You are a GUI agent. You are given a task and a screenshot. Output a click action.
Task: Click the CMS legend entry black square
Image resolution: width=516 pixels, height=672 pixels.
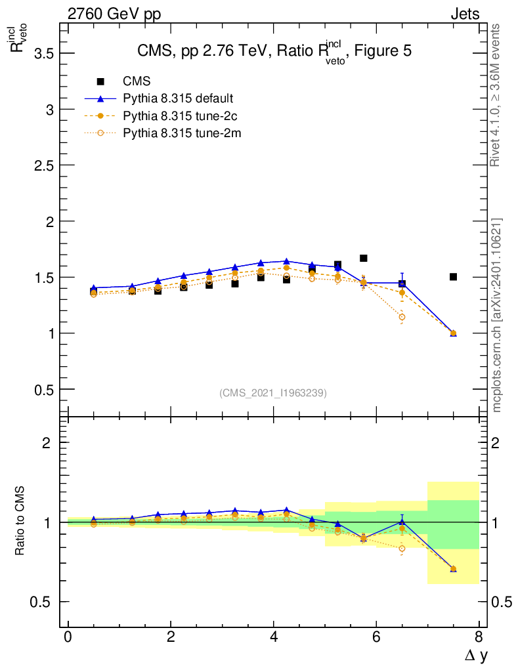[x=100, y=81]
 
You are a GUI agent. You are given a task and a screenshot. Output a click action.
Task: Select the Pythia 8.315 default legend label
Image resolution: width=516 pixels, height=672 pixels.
[x=179, y=98]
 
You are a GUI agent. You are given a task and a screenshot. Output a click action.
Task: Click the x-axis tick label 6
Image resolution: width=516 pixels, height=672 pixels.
[x=376, y=637]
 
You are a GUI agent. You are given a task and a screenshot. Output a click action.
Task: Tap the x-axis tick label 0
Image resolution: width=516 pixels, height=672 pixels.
[x=68, y=637]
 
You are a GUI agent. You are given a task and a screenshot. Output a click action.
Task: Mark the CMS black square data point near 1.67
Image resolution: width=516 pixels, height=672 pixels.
[x=363, y=258]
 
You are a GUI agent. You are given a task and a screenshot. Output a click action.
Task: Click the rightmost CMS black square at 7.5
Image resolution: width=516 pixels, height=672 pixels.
[x=453, y=276]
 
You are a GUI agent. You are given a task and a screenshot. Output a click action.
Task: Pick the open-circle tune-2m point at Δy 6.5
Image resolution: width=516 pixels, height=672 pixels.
[x=402, y=318]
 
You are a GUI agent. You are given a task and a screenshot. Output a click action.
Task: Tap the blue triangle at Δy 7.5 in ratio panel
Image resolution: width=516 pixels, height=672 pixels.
[x=453, y=569]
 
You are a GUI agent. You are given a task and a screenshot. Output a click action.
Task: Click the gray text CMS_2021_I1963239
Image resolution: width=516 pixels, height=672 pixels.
[x=273, y=392]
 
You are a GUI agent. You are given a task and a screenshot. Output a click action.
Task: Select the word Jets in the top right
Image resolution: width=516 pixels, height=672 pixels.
[x=464, y=14]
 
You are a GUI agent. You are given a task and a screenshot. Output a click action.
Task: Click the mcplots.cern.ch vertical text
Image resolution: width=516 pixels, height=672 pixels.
[x=497, y=315]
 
